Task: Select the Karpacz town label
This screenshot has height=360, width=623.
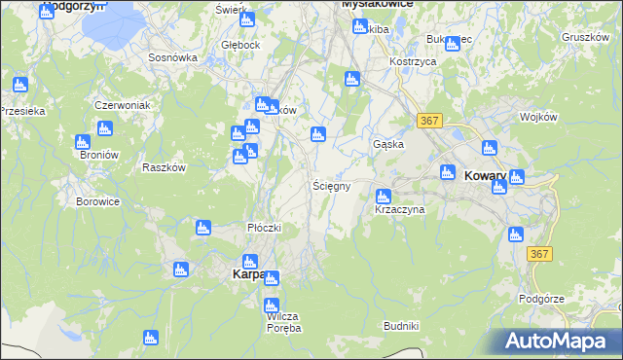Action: click(249, 275)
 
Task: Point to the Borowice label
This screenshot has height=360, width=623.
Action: click(97, 202)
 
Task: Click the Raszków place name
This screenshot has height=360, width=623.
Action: click(164, 167)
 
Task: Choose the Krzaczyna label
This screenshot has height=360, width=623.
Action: click(399, 209)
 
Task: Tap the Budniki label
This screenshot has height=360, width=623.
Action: click(401, 325)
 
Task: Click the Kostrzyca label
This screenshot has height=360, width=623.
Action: click(413, 61)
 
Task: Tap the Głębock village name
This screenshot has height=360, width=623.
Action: click(240, 45)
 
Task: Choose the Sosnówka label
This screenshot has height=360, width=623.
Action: click(173, 57)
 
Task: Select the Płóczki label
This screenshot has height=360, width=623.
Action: click(263, 228)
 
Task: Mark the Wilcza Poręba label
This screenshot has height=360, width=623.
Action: click(284, 322)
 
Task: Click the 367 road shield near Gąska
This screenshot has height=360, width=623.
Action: click(429, 120)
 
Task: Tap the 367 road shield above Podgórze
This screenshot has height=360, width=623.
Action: click(541, 254)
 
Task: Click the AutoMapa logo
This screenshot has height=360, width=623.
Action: click(560, 341)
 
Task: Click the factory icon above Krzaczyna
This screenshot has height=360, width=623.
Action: click(384, 196)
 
